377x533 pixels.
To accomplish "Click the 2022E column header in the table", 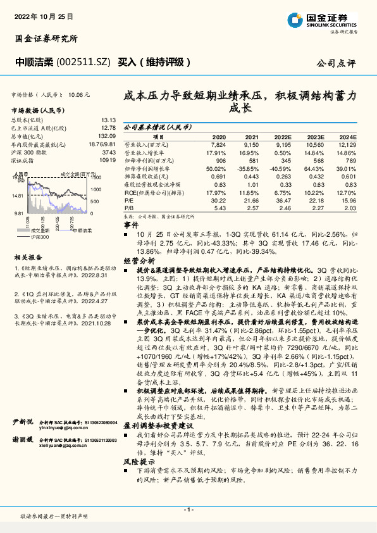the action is click(282, 137).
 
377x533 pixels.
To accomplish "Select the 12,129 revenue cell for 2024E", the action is click(349, 144).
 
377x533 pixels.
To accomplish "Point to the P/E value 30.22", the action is click(218, 201).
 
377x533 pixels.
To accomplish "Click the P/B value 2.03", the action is click(350, 208).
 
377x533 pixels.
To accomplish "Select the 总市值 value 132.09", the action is click(106, 135).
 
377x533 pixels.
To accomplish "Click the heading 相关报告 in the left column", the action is click(28, 257).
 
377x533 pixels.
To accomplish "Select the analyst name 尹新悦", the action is click(23, 420).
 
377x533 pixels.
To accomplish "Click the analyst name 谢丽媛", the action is click(23, 440).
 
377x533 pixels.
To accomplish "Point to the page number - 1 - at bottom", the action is click(188, 509).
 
